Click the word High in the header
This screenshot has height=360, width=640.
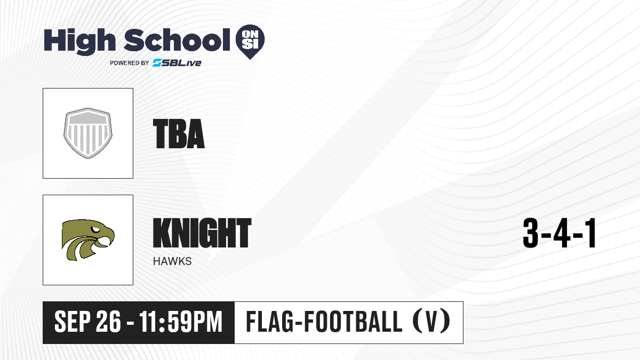(x=79, y=42)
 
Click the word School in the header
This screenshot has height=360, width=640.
(x=177, y=40)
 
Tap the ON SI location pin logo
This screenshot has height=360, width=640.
(x=250, y=42)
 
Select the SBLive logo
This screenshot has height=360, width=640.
(x=177, y=63)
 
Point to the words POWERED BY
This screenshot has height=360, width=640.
(x=130, y=63)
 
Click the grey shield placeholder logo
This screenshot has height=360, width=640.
(x=88, y=133)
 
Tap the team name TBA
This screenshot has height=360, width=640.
(x=179, y=134)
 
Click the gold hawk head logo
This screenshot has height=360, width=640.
(x=88, y=239)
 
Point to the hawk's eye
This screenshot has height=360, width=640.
(x=95, y=229)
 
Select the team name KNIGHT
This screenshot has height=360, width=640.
(x=202, y=233)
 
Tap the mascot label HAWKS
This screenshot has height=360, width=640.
(x=172, y=261)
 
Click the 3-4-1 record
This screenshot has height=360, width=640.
(x=559, y=233)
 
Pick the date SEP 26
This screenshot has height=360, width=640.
(x=87, y=322)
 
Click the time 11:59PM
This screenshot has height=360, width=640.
(x=181, y=322)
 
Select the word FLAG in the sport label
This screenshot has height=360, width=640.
(x=268, y=322)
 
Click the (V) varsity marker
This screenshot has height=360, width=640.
(x=431, y=322)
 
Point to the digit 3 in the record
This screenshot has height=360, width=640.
(x=531, y=233)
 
